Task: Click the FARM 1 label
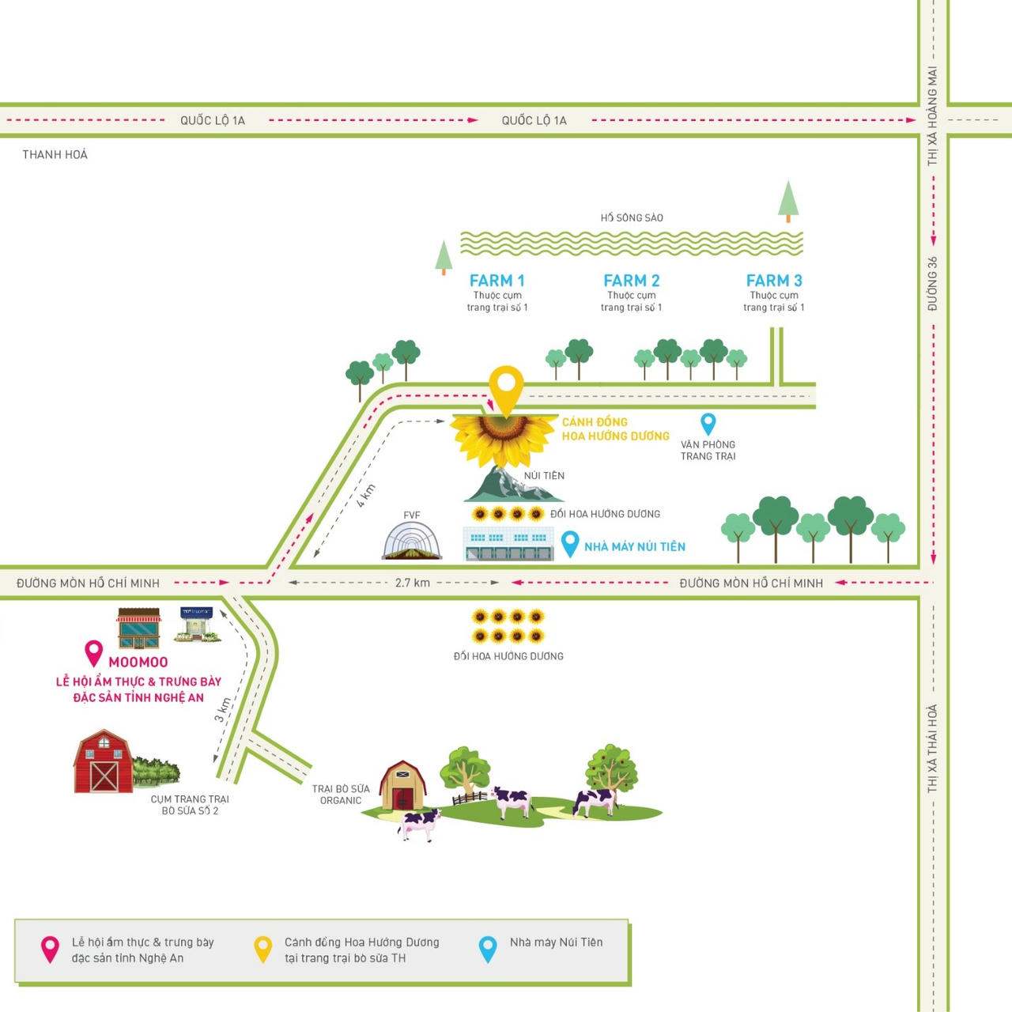pyautogui.click(x=497, y=281)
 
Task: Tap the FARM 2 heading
pyautogui.click(x=631, y=281)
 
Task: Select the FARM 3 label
pyautogui.click(x=774, y=281)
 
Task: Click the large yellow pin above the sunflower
pyautogui.click(x=506, y=387)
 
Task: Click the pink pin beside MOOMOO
pyautogui.click(x=93, y=652)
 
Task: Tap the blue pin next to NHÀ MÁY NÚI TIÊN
pyautogui.click(x=569, y=543)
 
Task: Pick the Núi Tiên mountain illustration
pyautogui.click(x=512, y=485)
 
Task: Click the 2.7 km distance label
pyautogui.click(x=413, y=583)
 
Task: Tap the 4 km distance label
pyautogui.click(x=365, y=495)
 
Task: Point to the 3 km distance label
pyautogui.click(x=223, y=709)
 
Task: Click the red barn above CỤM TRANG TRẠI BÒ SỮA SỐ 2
pyautogui.click(x=103, y=762)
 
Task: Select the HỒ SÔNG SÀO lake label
pyautogui.click(x=632, y=217)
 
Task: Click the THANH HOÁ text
pyautogui.click(x=55, y=154)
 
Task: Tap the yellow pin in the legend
pyautogui.click(x=262, y=949)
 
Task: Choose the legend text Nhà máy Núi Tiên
pyautogui.click(x=556, y=942)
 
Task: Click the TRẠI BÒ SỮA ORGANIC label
pyautogui.click(x=341, y=795)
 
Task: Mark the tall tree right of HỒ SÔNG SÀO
pyautogui.click(x=788, y=201)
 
